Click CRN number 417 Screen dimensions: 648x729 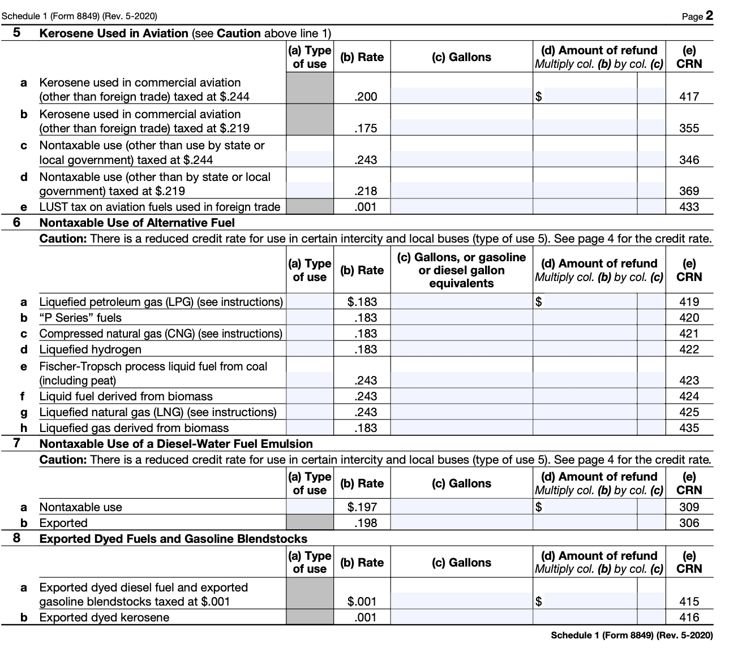tap(689, 97)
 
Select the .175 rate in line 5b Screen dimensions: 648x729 tap(366, 128)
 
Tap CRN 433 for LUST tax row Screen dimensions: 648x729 tap(689, 207)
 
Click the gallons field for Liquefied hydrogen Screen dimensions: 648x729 tap(461, 349)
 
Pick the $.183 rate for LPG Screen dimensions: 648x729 tap(362, 302)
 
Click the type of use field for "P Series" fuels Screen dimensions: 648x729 tap(310, 318)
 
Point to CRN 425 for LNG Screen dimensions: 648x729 tap(689, 412)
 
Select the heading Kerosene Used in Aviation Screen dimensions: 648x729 tap(114, 33)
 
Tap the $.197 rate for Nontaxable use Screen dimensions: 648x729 tap(362, 507)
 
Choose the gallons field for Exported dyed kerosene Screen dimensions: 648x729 tap(461, 617)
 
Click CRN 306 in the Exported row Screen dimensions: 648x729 tap(689, 523)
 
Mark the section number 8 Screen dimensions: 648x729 tap(16, 538)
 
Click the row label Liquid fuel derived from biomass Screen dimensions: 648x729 tap(126, 396)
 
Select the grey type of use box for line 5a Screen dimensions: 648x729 tap(310, 89)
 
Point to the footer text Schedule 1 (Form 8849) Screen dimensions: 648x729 tap(632, 636)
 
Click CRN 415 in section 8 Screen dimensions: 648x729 tap(689, 602)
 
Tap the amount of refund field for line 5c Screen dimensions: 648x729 tap(585, 159)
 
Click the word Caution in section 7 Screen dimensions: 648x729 tap(62, 460)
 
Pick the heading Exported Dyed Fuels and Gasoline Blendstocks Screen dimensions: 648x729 tap(173, 539)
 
